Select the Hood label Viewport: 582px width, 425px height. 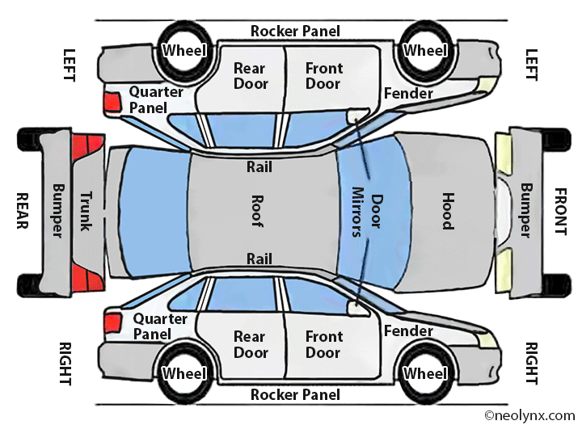click(x=447, y=211)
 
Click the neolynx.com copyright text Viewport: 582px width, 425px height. click(x=529, y=415)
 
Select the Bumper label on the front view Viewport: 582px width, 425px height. click(x=526, y=211)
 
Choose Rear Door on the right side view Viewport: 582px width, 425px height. click(x=250, y=345)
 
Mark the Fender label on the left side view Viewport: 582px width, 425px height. click(x=408, y=93)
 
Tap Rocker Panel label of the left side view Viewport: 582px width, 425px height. click(x=295, y=32)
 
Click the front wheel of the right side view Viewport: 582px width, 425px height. click(x=425, y=373)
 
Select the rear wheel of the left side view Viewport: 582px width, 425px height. click(x=184, y=50)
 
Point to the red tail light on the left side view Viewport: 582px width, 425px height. click(x=111, y=102)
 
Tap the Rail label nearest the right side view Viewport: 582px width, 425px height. click(x=259, y=259)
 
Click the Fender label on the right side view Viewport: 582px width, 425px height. click(x=408, y=331)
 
